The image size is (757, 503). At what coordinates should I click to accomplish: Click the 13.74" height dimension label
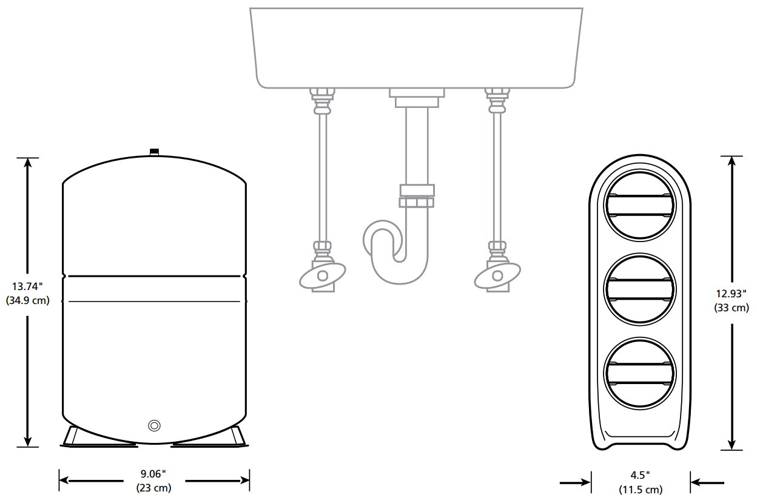(27, 286)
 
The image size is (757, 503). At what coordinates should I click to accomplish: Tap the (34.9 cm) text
(28, 300)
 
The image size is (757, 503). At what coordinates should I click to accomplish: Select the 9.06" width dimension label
(153, 474)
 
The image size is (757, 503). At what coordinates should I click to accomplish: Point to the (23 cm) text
(154, 488)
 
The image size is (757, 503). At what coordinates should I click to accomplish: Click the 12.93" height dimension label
(732, 294)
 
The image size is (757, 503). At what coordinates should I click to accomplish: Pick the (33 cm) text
(732, 308)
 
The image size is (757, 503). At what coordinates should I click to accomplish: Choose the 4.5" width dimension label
(641, 475)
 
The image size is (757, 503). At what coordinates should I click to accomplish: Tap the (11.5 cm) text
(641, 490)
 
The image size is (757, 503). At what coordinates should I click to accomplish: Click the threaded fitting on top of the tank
(155, 152)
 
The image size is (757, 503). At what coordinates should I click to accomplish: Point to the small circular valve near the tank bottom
(155, 425)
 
